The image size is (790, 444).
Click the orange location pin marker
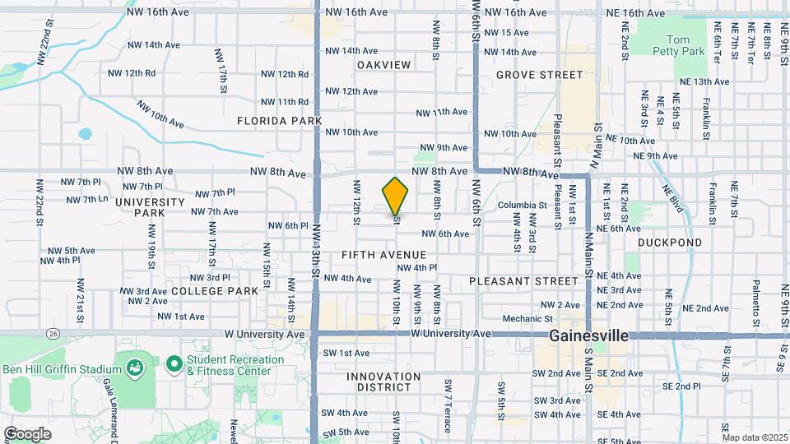396,196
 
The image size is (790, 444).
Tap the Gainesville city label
588,336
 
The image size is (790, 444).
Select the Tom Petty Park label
685,45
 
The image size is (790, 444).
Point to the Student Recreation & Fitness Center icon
174,363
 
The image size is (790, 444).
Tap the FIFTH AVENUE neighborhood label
384,255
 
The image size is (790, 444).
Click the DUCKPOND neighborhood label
670,243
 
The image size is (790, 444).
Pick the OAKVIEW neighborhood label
383,64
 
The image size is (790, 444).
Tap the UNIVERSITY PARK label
150,207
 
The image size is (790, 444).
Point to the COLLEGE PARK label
214,290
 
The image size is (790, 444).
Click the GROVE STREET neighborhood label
539,75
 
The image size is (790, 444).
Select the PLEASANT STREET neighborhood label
524,280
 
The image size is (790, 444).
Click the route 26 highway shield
53,333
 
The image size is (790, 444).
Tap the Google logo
28,433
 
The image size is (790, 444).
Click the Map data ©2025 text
754,437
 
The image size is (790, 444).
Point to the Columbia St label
522,205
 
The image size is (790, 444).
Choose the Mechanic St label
527,318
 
